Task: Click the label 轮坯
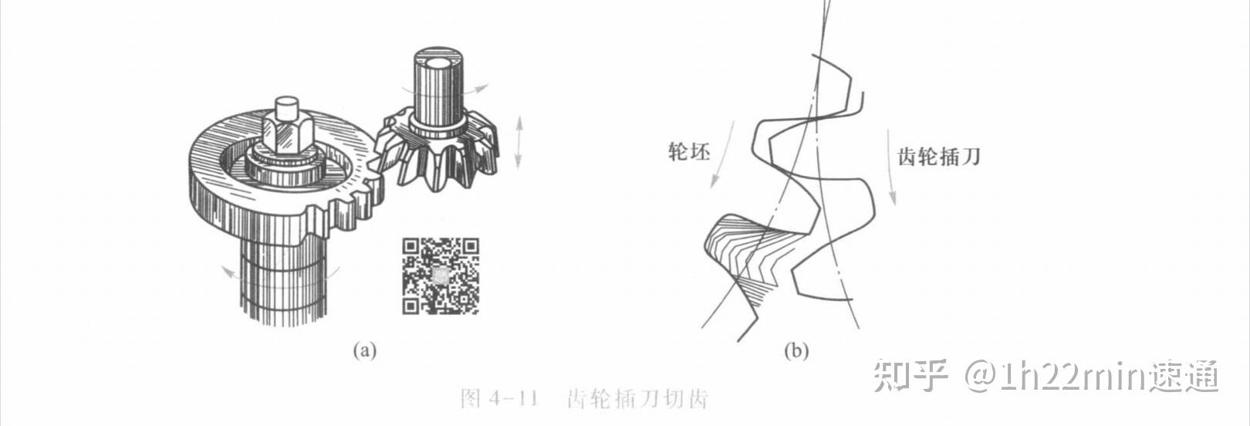coord(688,151)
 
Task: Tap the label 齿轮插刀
coord(938,157)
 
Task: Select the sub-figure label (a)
coord(364,350)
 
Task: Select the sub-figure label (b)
coord(796,351)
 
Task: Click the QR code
coord(440,276)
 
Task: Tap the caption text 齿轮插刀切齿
coord(637,399)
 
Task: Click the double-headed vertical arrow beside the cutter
coord(519,141)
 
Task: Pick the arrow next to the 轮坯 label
coord(721,154)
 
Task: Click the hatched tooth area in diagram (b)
coord(741,247)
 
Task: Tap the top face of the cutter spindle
coord(438,62)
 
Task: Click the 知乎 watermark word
coord(910,376)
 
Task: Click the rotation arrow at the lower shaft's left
coord(228,271)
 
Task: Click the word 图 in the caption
coord(470,399)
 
